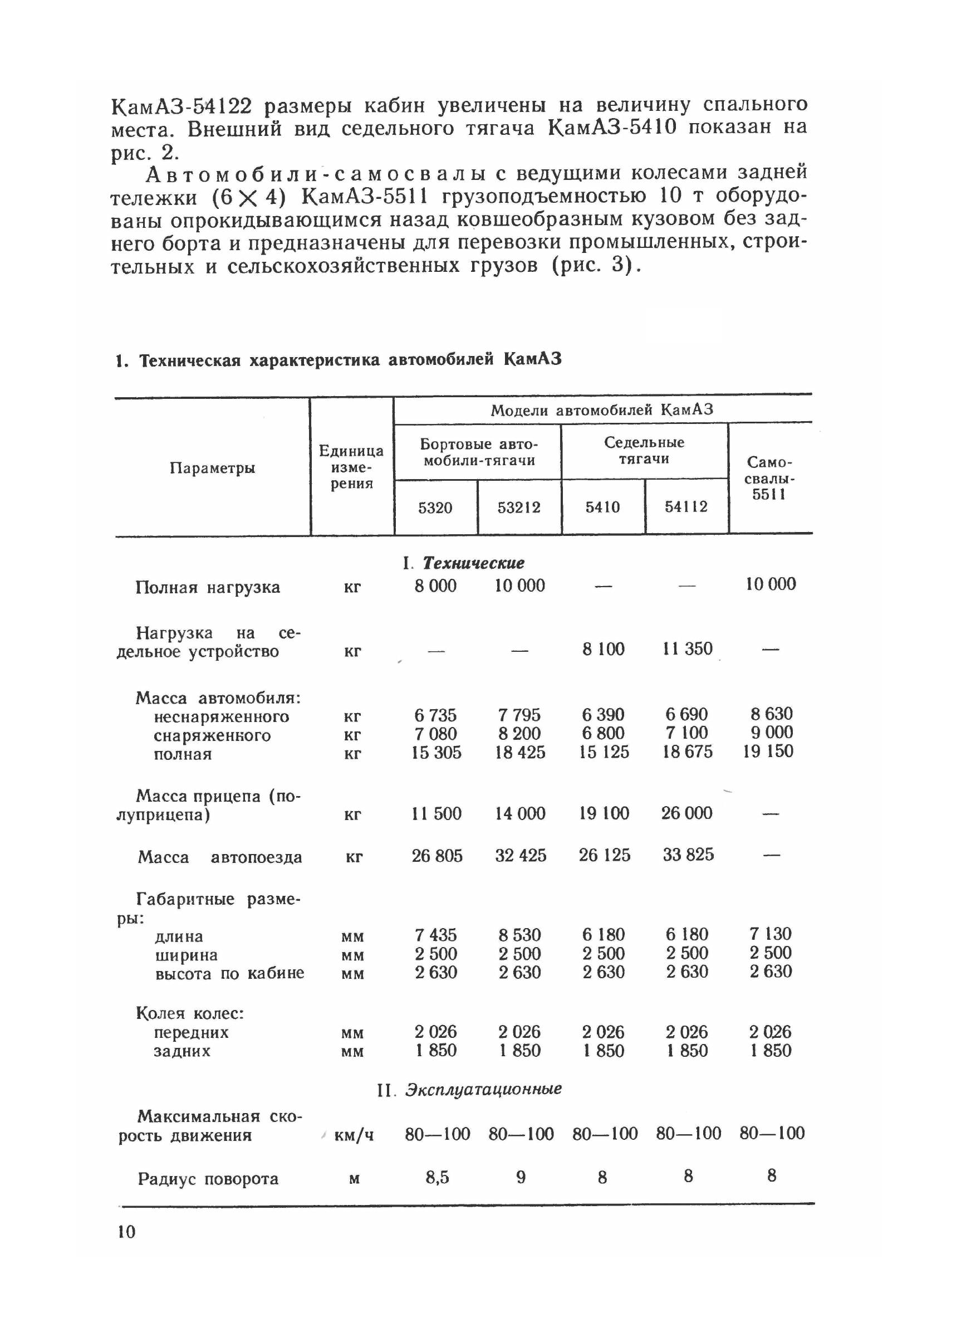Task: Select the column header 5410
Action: (x=602, y=507)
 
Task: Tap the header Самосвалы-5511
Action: (x=769, y=478)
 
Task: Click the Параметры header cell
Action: (x=212, y=468)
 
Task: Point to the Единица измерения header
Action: (x=351, y=467)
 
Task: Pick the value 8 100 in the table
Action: (x=603, y=649)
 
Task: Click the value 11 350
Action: (x=687, y=648)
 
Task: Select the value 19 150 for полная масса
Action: (x=768, y=752)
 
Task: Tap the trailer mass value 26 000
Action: (x=686, y=813)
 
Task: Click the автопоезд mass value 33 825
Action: (x=688, y=854)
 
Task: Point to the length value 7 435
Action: (x=435, y=935)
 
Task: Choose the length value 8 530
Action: (x=519, y=935)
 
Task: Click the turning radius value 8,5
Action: (x=437, y=1177)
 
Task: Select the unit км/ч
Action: (x=353, y=1135)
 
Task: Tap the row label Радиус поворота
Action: (x=208, y=1179)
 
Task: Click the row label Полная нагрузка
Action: (x=208, y=587)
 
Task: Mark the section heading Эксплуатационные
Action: (x=483, y=1089)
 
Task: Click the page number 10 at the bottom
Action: (x=126, y=1232)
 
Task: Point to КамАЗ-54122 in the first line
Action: (x=182, y=106)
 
